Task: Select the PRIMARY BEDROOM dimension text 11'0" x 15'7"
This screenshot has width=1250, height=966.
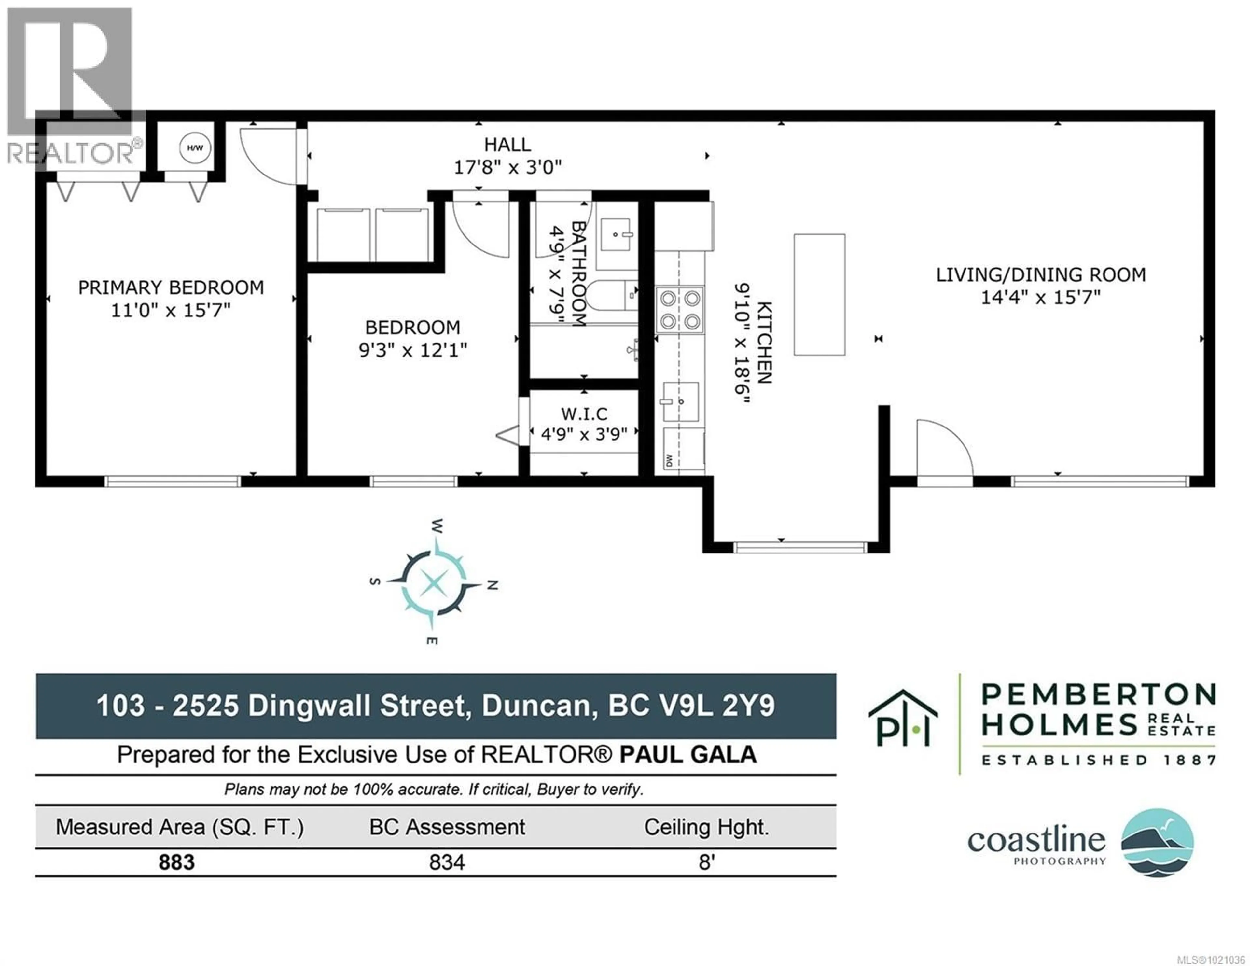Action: [x=171, y=310]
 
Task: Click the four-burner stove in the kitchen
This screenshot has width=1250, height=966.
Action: [x=679, y=310]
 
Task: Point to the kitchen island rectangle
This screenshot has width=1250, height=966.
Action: [x=819, y=294]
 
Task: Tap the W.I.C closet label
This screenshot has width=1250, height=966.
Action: [x=584, y=413]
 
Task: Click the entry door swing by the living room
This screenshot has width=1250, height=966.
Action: [x=943, y=450]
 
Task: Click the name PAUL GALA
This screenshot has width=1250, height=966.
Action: [x=688, y=755]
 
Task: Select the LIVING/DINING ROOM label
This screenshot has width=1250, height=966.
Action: [x=1040, y=275]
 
